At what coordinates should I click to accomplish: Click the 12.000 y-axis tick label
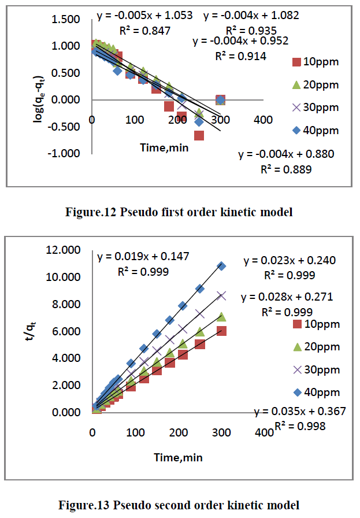(66, 250)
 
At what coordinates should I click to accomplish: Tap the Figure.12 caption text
(180, 213)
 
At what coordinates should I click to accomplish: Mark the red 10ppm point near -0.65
(199, 136)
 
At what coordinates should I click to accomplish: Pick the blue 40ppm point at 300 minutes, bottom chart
(221, 266)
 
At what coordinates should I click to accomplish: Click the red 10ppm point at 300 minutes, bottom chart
(221, 331)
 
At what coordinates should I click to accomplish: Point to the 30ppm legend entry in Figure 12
(315, 108)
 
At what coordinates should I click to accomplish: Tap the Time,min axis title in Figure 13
(177, 457)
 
